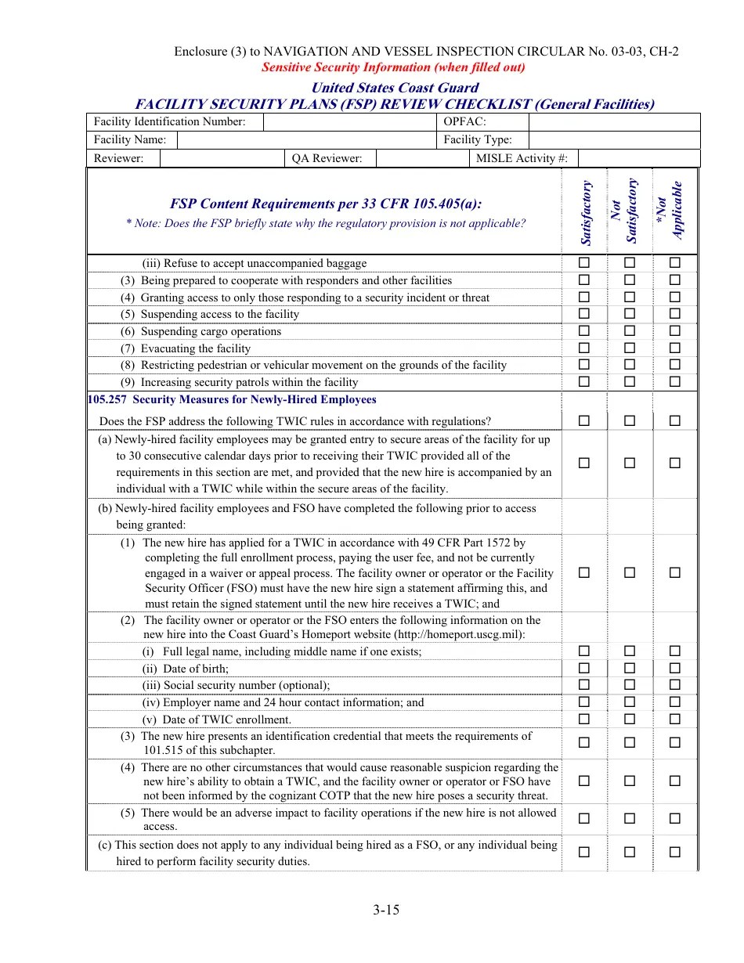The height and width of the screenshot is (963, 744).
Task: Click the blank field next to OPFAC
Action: [613, 122]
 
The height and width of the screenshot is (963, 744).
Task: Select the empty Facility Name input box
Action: [305, 140]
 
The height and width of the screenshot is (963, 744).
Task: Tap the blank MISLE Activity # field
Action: [637, 158]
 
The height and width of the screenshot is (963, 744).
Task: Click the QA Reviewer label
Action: [327, 158]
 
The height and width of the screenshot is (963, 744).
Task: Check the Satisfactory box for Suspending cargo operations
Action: [584, 331]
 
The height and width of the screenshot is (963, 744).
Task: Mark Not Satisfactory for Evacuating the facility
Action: [630, 348]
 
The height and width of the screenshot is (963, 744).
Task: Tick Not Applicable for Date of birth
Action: [675, 669]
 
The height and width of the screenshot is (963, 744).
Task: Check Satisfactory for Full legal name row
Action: [584, 651]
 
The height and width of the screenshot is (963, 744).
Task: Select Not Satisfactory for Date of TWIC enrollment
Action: [630, 720]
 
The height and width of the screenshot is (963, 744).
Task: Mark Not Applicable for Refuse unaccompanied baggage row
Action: [675, 263]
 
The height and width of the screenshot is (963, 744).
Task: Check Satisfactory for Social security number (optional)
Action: [584, 685]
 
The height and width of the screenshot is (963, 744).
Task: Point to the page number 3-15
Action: [387, 910]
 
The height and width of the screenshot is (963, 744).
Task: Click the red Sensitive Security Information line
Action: [393, 67]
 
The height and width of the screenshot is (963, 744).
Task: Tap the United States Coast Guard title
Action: [395, 88]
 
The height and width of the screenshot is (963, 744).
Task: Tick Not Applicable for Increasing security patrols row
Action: [675, 382]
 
